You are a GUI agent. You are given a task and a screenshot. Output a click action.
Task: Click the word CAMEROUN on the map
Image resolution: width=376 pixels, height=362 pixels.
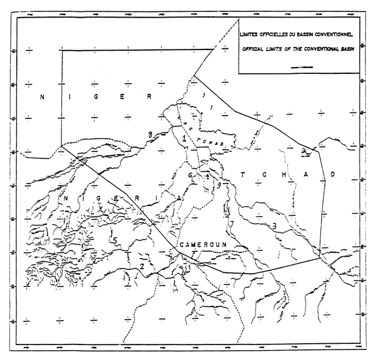[x=199, y=246]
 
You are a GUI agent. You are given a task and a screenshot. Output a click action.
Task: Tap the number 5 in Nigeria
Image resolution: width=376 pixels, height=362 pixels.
[x=114, y=240]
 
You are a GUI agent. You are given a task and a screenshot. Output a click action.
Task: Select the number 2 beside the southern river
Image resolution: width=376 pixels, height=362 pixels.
[x=142, y=266]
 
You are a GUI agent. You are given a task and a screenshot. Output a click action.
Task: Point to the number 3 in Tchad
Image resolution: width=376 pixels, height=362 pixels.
[x=274, y=225]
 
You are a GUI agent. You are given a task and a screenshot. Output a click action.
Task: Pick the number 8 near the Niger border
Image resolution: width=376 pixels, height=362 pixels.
[x=150, y=135]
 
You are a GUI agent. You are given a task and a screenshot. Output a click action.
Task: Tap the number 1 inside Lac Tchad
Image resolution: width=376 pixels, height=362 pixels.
[x=184, y=137]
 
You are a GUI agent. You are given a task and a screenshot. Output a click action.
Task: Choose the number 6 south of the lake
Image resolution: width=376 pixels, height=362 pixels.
[x=190, y=176]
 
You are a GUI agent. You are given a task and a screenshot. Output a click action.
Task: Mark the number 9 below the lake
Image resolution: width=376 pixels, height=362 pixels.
[x=219, y=185]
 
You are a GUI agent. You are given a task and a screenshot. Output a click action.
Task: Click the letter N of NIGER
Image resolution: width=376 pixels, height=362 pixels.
[x=42, y=96]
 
